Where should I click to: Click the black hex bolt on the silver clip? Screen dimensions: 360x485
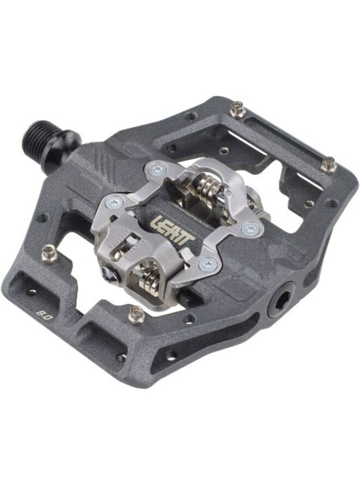click(x=111, y=274)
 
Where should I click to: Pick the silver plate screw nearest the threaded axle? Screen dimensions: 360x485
click(x=158, y=169)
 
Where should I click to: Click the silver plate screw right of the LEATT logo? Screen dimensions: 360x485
click(x=251, y=228)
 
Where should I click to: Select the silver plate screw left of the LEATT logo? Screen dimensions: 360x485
click(x=114, y=203)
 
